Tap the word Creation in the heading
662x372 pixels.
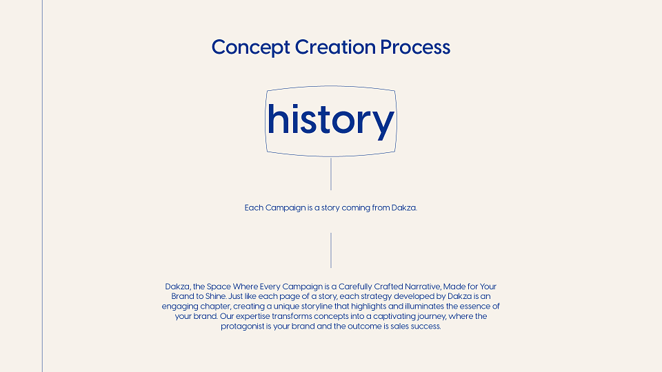(x=335, y=47)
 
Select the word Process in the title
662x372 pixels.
(x=415, y=47)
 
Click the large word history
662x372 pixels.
(x=330, y=121)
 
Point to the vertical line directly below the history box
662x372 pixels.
(x=331, y=174)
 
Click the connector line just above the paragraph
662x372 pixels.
(x=331, y=250)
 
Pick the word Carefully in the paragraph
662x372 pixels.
(x=356, y=287)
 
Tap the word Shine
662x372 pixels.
(x=216, y=296)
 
